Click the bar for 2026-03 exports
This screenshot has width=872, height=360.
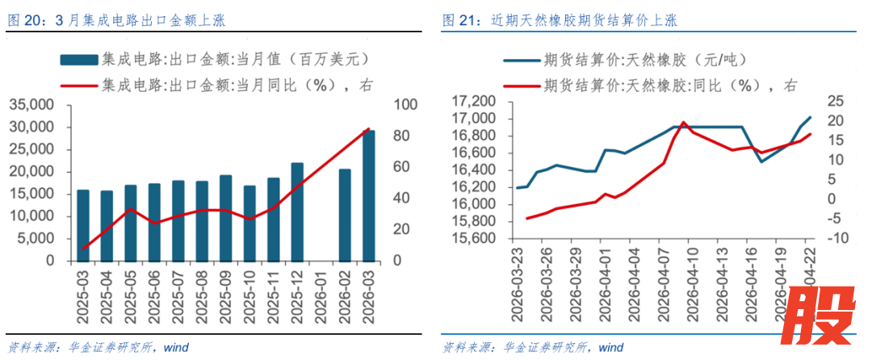pos(368,195)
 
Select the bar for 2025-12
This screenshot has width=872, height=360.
pos(297,211)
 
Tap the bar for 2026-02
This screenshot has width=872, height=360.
pos(345,215)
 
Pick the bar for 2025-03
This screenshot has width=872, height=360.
pos(83,225)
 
